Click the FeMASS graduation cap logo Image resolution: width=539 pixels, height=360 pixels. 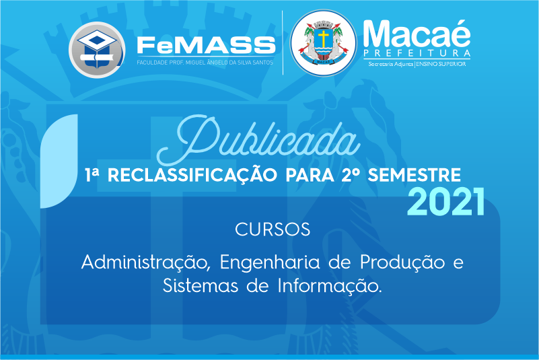pyautogui.click(x=97, y=50)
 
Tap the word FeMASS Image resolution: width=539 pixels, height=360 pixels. pyautogui.click(x=207, y=45)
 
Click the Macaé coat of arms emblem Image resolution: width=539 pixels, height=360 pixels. pyautogui.click(x=323, y=43)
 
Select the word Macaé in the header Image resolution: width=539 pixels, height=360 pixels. pyautogui.click(x=417, y=34)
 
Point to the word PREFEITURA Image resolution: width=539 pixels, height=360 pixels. pyautogui.click(x=417, y=53)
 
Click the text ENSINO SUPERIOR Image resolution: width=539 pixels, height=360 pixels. pyautogui.click(x=441, y=64)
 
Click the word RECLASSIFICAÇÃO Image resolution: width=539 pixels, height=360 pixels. pyautogui.click(x=192, y=176)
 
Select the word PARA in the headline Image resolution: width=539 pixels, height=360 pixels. pyautogui.click(x=310, y=175)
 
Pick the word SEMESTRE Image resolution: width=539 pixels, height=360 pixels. pyautogui.click(x=415, y=175)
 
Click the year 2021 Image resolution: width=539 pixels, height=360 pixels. pyautogui.click(x=446, y=202)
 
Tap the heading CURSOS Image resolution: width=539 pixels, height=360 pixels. pyautogui.click(x=273, y=229)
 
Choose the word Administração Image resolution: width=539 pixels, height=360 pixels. pyautogui.click(x=145, y=263)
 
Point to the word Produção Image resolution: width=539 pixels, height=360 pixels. pyautogui.click(x=402, y=263)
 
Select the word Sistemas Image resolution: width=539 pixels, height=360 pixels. pyautogui.click(x=200, y=286)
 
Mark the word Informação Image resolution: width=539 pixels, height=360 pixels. pyautogui.click(x=330, y=286)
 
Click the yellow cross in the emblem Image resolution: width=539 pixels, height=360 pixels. pyautogui.click(x=323, y=38)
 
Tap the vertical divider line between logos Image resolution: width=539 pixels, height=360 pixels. pyautogui.click(x=283, y=42)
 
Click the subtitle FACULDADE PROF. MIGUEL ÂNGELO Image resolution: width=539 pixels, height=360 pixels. pyautogui.click(x=205, y=63)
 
